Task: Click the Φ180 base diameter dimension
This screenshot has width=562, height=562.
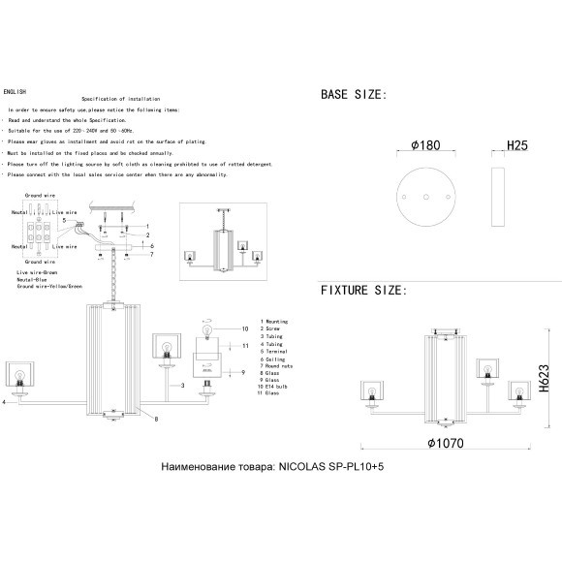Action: tap(425, 145)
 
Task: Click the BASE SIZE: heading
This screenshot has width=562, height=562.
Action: tap(354, 95)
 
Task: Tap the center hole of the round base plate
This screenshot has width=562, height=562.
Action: tap(425, 196)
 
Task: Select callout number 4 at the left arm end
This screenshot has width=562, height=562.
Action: tap(5, 400)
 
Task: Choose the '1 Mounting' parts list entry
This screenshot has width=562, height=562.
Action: tap(276, 321)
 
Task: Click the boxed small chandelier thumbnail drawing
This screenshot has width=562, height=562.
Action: tap(224, 238)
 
